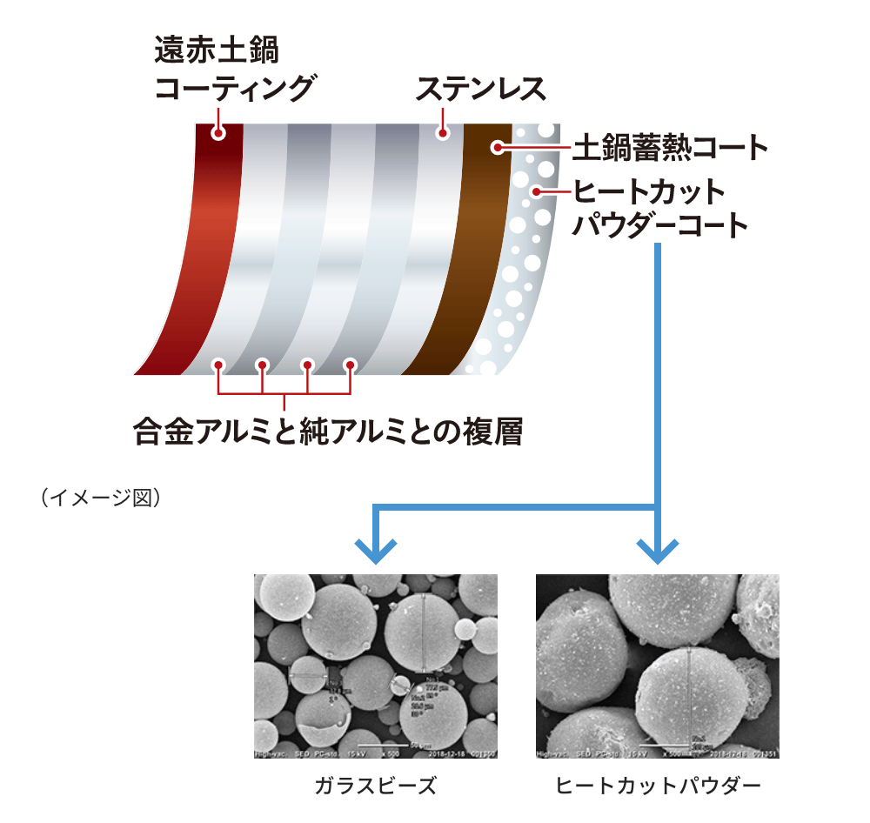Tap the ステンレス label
tap(481, 89)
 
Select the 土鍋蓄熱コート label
tap(670, 148)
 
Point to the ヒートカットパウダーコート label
tap(659, 208)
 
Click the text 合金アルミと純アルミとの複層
tap(328, 431)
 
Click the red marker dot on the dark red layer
tap(218, 133)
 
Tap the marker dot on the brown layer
tap(498, 147)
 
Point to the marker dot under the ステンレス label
tap(443, 133)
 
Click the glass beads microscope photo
tap(375, 666)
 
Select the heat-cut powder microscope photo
tap(657, 666)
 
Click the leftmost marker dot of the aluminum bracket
tap(218, 365)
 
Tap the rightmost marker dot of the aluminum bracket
tap(351, 365)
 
